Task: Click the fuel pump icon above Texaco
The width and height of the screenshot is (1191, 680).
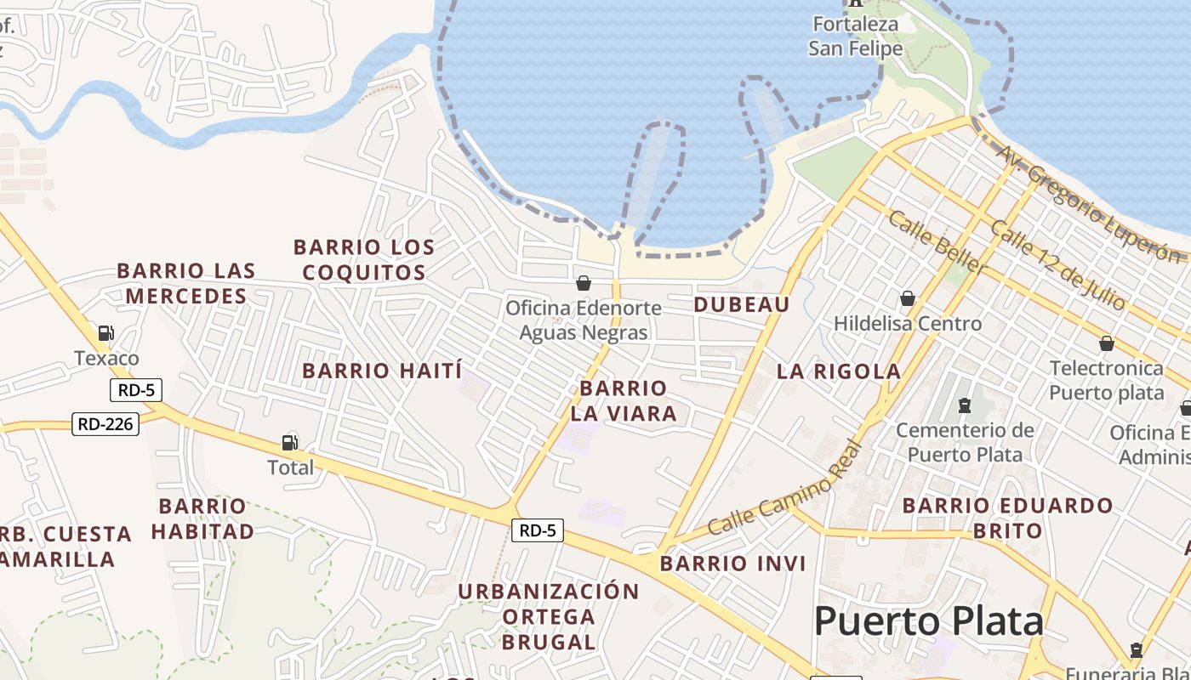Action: tap(106, 332)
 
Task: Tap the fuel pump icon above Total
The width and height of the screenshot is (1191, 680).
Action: tap(290, 442)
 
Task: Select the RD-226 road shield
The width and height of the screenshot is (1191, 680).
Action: tap(105, 423)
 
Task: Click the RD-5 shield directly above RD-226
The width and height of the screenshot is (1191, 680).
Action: tap(136, 390)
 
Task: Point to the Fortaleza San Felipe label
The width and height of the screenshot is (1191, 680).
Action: tap(855, 36)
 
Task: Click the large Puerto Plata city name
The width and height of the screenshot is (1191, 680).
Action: tap(929, 621)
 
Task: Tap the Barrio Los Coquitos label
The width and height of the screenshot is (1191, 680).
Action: tap(364, 260)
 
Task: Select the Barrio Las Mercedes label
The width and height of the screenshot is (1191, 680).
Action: tap(186, 283)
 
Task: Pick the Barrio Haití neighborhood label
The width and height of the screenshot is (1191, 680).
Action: tap(382, 371)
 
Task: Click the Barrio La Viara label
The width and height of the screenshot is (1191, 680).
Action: tap(624, 401)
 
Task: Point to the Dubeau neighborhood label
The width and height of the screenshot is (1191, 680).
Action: tap(742, 304)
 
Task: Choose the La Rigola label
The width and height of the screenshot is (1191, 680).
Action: tap(839, 371)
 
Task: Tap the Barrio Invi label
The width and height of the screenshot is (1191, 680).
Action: tap(733, 564)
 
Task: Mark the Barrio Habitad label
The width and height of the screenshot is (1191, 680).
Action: tap(202, 518)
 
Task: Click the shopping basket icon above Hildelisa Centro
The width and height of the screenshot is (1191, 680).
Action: tap(908, 298)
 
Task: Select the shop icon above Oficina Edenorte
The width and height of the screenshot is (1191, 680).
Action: tap(584, 282)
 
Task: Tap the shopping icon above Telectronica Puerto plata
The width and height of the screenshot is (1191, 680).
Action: tap(1107, 343)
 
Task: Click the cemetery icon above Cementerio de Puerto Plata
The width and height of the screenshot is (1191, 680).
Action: tap(965, 405)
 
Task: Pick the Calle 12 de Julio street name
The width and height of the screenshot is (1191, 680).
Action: tap(1057, 265)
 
